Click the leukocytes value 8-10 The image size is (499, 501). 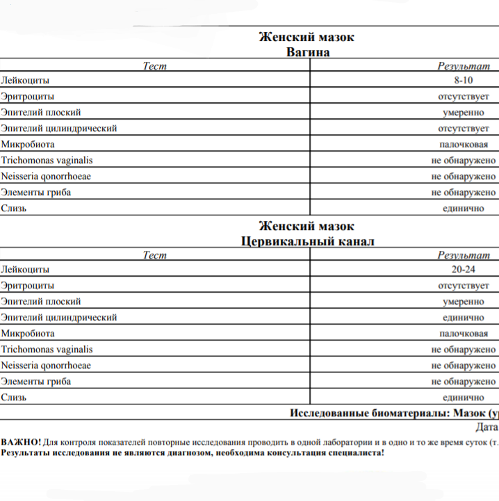(x=463, y=80)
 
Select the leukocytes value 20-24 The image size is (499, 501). (x=463, y=269)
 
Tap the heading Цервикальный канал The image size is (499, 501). (x=307, y=241)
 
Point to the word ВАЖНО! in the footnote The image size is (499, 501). (x=21, y=442)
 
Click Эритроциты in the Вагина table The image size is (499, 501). (x=28, y=96)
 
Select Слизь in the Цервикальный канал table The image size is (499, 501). (x=14, y=397)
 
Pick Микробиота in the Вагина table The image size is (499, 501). (x=28, y=145)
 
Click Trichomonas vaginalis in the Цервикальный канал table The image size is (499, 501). (x=47, y=350)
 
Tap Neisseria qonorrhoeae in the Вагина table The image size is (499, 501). (x=46, y=176)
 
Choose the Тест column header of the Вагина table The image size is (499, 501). (x=154, y=66)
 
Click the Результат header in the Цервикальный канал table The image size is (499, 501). (x=463, y=255)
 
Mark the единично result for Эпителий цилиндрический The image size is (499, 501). (x=464, y=318)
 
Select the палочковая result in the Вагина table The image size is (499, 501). (x=464, y=145)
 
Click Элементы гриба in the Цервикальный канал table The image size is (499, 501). (x=36, y=381)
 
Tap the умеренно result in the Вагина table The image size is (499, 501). (x=464, y=113)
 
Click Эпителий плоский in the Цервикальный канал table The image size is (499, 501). (x=41, y=302)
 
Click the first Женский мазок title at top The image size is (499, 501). (x=306, y=37)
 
